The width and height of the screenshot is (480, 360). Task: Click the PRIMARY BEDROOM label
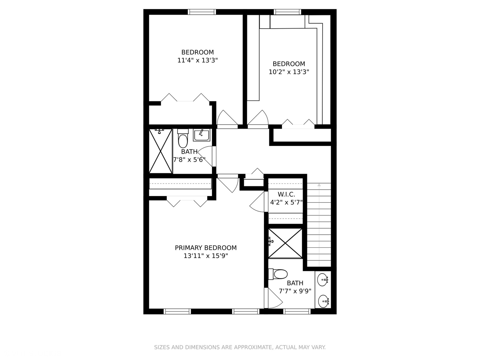206,248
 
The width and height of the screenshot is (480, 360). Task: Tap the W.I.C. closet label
286,194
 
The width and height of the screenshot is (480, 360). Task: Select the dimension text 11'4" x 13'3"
198,60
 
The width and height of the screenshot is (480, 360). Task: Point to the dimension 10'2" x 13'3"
289,72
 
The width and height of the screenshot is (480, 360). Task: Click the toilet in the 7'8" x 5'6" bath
183,140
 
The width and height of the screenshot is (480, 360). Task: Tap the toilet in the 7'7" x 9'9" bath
279,274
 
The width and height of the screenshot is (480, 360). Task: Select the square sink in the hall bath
201,135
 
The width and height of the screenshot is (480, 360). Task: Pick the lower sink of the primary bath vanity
323,302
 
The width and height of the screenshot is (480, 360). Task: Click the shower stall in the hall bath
160,151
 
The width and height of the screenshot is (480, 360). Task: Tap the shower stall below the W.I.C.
285,243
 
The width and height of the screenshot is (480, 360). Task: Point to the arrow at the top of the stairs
319,185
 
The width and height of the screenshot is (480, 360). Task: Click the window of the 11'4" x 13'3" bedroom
202,12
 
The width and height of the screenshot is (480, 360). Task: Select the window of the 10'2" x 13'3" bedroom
287,12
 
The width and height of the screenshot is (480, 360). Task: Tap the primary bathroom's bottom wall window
297,311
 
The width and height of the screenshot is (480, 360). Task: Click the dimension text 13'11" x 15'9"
206,256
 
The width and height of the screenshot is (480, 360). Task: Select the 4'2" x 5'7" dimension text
286,202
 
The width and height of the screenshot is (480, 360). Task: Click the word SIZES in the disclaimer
162,347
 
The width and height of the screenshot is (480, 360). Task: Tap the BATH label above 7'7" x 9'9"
295,283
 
